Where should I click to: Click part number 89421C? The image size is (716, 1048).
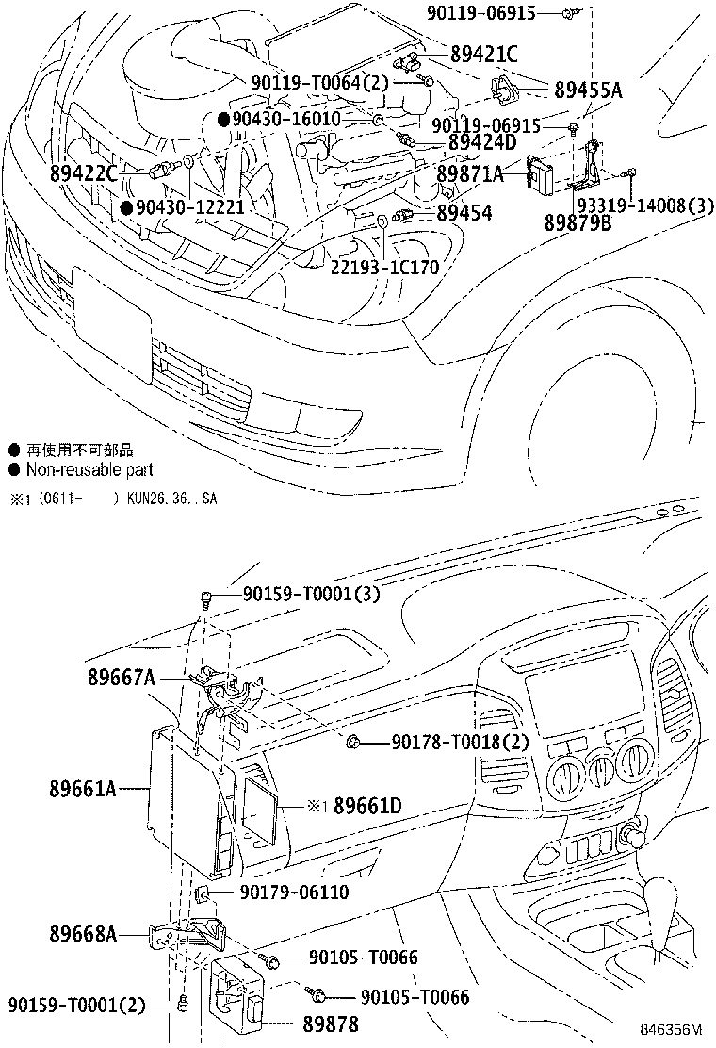pos(484,55)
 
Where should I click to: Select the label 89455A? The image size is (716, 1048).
pos(589,90)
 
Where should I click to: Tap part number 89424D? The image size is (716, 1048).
pos(482,143)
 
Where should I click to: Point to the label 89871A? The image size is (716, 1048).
pos(470,174)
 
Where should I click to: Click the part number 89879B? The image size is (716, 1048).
pos(577,222)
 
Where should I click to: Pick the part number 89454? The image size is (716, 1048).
pos(464,214)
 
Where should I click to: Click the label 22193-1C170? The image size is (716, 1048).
pos(384,267)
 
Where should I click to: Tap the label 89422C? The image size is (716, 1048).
pos(84,172)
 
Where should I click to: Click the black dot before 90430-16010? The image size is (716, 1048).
pos(223,119)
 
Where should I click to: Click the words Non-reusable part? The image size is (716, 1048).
pos(89,469)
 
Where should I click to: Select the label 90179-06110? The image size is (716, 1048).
pos(294,892)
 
